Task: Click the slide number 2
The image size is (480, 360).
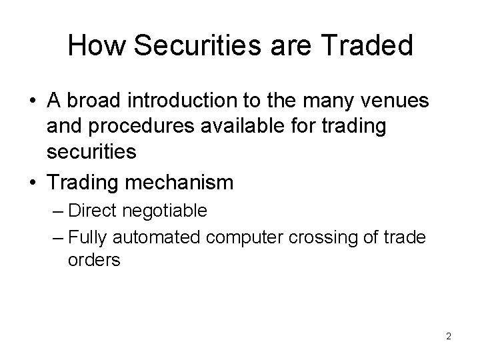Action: [x=449, y=336]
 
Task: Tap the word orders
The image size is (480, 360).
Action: [x=94, y=260]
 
